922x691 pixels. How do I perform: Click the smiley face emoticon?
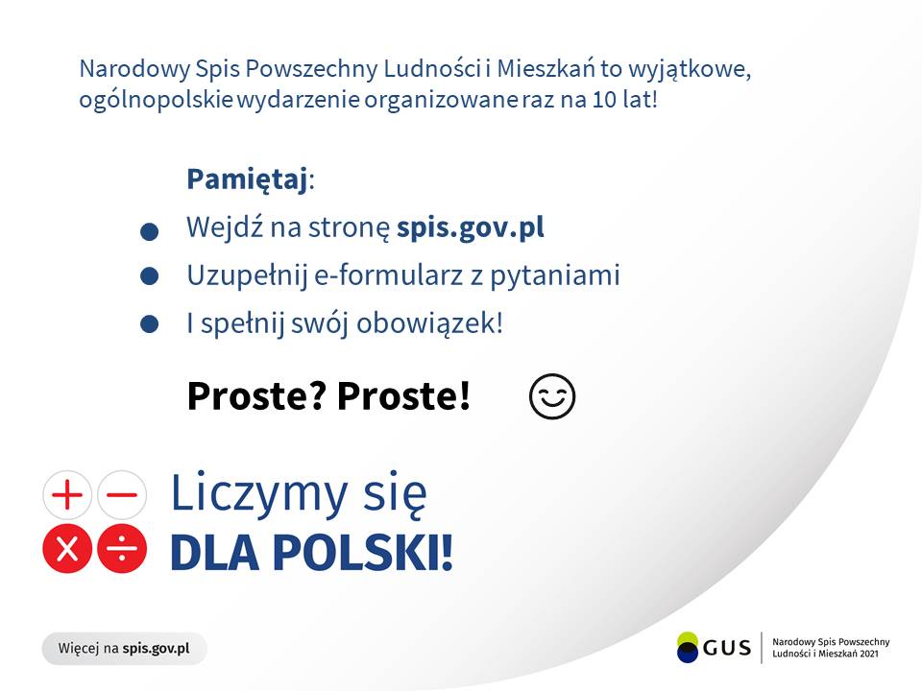552,396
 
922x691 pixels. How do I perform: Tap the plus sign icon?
67,496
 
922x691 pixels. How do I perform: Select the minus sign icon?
122,496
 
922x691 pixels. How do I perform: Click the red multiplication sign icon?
67,550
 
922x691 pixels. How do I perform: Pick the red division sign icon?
122,550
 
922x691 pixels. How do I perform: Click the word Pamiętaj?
247,179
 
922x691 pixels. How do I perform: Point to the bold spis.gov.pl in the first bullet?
471,228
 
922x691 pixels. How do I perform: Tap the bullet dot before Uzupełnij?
149,276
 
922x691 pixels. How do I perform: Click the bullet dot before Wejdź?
149,232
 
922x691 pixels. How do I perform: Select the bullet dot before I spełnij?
149,325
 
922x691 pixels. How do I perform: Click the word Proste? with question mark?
255,395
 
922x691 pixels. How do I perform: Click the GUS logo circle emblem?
688,647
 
